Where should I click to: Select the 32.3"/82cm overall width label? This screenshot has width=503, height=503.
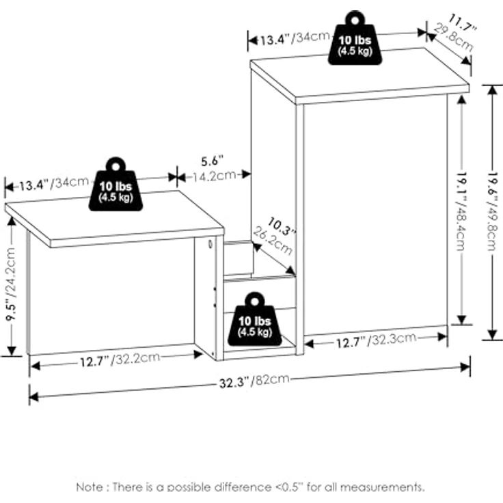click(x=254, y=381)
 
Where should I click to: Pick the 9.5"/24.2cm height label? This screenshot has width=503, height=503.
click(x=11, y=284)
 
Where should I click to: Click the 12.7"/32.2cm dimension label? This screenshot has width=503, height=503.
click(x=120, y=359)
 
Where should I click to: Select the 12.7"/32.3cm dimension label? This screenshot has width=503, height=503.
click(x=377, y=340)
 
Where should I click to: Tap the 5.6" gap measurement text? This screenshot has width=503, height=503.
click(x=212, y=161)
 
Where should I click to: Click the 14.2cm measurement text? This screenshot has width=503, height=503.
click(x=214, y=176)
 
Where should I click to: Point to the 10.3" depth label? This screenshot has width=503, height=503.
click(x=281, y=226)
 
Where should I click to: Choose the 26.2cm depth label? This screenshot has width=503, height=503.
click(x=273, y=241)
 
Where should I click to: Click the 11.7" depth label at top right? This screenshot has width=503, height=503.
click(x=462, y=22)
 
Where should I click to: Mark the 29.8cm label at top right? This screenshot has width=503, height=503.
click(x=453, y=38)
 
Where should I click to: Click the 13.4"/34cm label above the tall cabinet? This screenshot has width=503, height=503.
click(x=295, y=38)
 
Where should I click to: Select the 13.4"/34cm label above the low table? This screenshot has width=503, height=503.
click(x=54, y=183)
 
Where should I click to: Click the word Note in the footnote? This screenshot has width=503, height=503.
click(x=90, y=487)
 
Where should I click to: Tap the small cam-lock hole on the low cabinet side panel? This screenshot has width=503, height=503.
click(x=210, y=244)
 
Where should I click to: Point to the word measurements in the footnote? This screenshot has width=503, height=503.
click(x=382, y=487)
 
